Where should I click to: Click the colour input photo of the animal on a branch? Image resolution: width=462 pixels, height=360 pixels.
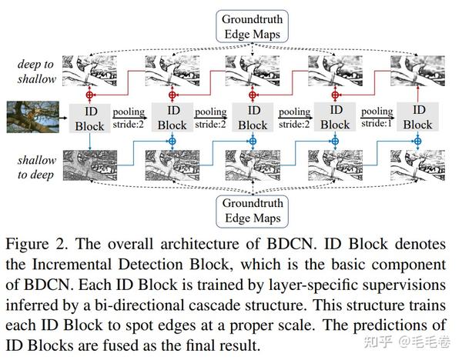33,117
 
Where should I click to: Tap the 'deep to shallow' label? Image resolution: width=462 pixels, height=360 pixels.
36,72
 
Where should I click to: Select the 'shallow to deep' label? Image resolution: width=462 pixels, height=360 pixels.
36,167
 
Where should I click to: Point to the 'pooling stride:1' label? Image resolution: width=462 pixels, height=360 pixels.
377,117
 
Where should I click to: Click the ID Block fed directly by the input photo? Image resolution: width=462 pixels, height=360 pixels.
90,118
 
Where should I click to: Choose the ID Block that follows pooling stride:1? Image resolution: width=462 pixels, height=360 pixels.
418,117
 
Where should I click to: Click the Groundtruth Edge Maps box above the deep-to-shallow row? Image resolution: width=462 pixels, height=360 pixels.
253,26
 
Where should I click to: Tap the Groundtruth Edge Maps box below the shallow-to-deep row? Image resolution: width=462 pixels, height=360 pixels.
253,211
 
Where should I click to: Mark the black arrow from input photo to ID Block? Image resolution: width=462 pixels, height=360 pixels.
64,118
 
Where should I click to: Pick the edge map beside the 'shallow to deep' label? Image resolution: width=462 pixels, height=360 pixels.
90,165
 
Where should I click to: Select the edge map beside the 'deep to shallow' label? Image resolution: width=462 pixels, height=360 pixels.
89,71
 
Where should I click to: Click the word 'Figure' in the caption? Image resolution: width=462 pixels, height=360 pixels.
28,245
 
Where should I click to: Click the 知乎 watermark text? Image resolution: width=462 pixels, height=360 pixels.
378,342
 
